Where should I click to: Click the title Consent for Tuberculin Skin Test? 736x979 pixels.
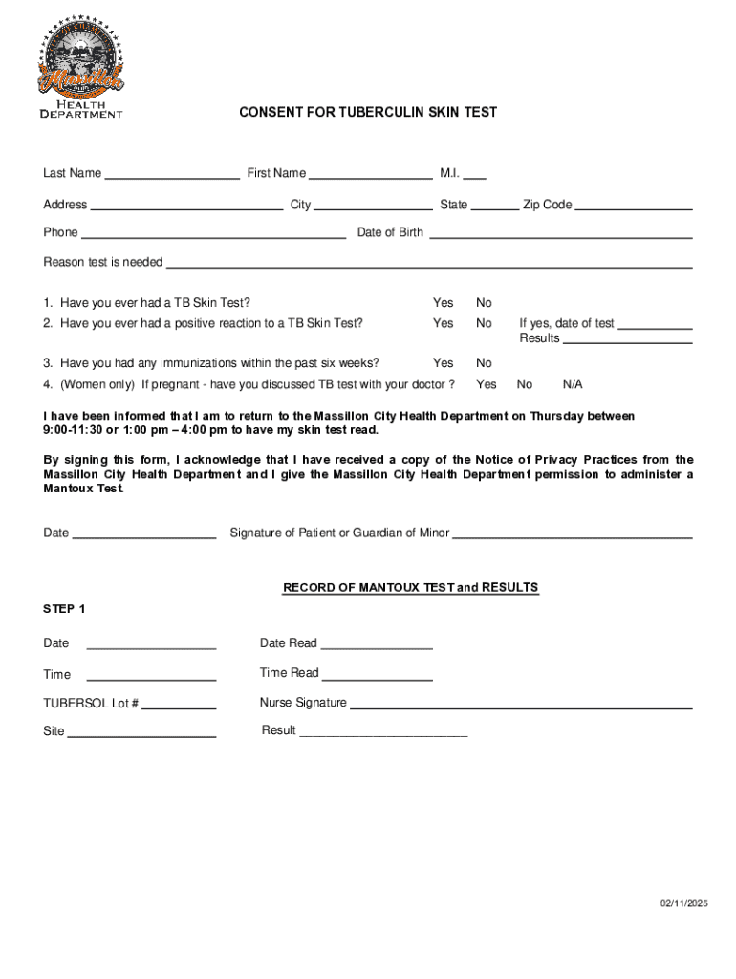[368, 112]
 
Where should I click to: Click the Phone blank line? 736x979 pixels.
[213, 235]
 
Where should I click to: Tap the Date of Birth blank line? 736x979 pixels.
[560, 235]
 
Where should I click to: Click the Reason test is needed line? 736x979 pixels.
[429, 265]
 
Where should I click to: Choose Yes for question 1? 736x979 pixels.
[444, 303]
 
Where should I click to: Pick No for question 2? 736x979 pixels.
[485, 323]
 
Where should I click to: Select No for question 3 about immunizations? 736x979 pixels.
[485, 363]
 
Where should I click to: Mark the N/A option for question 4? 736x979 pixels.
[573, 384]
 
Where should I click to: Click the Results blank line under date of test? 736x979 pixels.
[627, 341]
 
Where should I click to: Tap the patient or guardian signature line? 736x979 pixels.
[572, 536]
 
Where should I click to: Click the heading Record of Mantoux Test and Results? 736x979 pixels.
[410, 588]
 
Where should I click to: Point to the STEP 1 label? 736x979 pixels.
[65, 609]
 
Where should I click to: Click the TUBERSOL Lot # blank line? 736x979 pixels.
[179, 707]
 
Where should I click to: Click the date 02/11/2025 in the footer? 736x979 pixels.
[683, 904]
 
